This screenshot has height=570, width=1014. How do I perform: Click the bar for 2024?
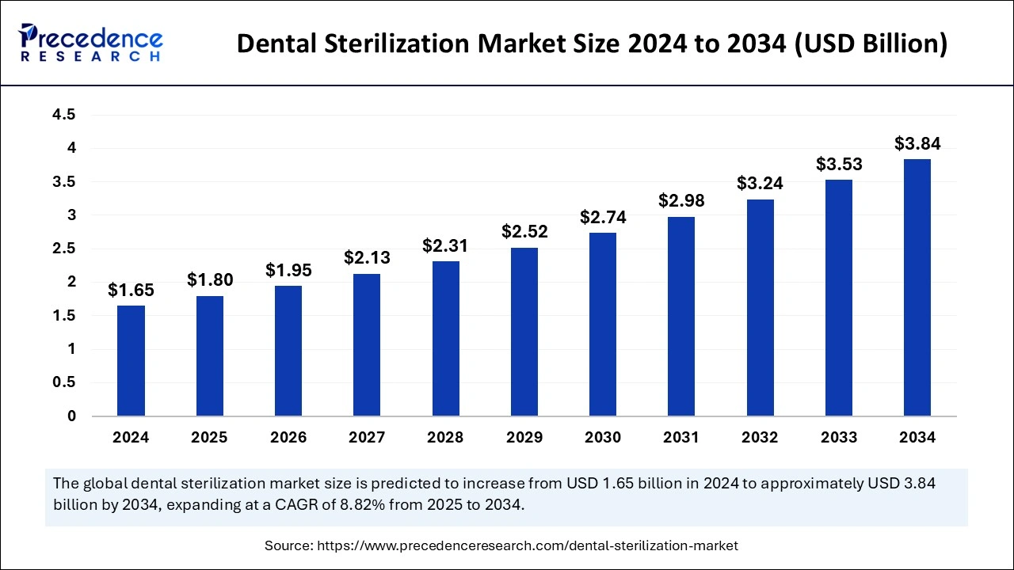pos(131,361)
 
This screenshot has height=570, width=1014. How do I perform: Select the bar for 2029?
pos(524,332)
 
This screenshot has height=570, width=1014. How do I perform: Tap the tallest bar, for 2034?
pos(917,287)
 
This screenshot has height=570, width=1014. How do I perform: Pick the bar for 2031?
pos(681,317)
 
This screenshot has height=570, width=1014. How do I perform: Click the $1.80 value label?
pos(210,279)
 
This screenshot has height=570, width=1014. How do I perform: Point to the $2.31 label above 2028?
pos(445,245)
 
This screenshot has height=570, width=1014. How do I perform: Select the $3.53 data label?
pos(839,165)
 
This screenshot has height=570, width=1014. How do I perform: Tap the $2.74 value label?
pos(603,217)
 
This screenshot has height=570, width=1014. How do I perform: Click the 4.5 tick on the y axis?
pos(64,115)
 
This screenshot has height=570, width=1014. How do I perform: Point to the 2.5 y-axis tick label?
pos(64,249)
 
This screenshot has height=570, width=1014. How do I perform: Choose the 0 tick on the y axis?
pos(71,416)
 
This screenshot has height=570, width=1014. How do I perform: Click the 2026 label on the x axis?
pos(288,437)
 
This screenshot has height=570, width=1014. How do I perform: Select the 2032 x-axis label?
pos(760,437)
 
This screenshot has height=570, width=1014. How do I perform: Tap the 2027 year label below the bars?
pos(367,437)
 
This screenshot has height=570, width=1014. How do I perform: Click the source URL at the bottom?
pos(527,545)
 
